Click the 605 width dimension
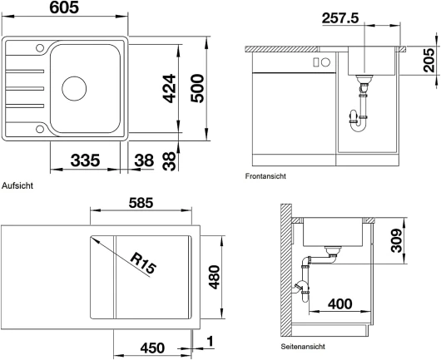(64, 7)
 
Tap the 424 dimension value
(169, 88)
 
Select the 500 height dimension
(197, 88)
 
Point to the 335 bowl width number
(85, 160)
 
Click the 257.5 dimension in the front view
(340, 18)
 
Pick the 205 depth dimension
(429, 61)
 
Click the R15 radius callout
(143, 264)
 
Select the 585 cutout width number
(141, 203)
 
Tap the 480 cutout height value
(215, 277)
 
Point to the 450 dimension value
(152, 348)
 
